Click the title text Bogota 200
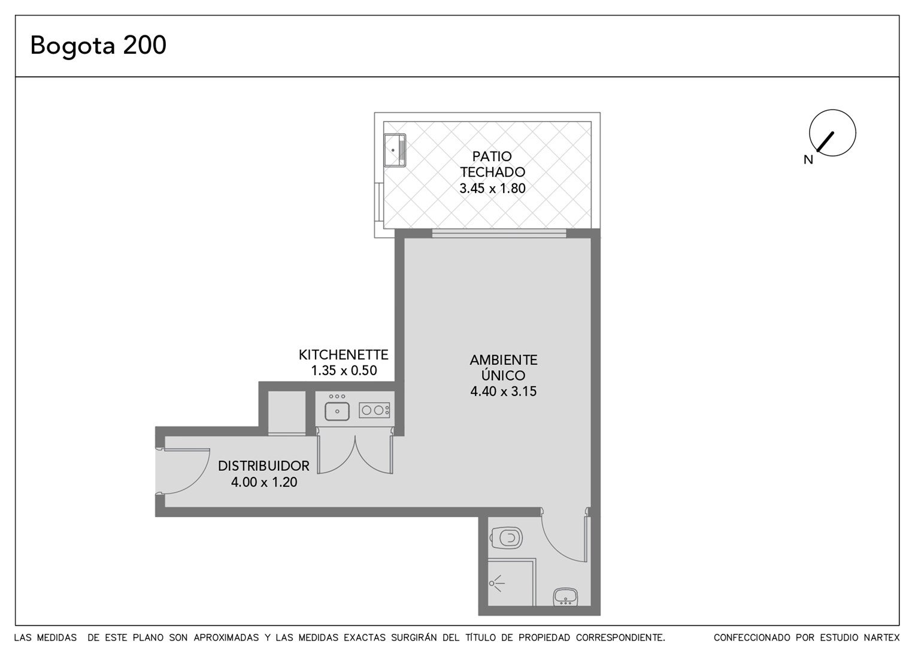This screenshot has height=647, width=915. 98,46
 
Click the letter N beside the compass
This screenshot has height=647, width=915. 808,160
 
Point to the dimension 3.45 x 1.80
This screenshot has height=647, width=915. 492,188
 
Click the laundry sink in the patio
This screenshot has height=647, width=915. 395,150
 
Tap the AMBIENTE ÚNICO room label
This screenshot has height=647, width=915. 503,367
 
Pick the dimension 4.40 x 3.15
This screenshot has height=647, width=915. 503,391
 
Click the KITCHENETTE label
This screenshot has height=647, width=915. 344,355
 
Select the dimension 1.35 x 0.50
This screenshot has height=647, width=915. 344,370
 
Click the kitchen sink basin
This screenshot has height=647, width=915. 337,411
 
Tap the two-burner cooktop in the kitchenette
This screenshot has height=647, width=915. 374,410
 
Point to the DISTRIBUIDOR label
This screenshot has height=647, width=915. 263,466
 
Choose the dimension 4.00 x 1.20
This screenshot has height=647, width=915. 264,482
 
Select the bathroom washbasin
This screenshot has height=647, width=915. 565,597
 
